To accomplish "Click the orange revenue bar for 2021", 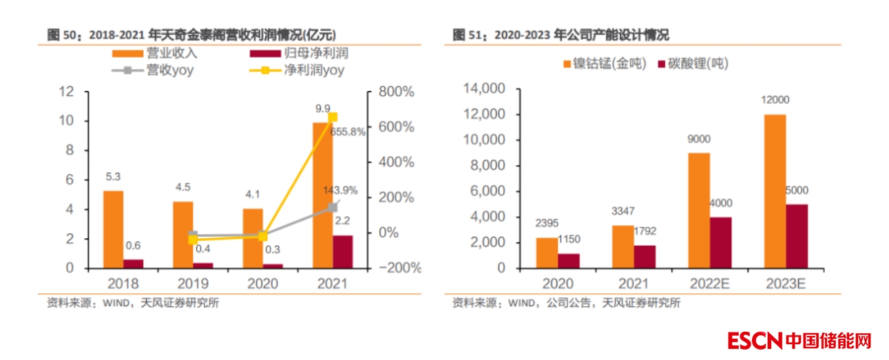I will pyautogui.click(x=322, y=195).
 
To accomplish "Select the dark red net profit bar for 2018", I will pyautogui.click(x=134, y=264).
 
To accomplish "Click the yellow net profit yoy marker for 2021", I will pyautogui.click(x=333, y=117).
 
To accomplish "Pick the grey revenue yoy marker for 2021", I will pyautogui.click(x=333, y=207).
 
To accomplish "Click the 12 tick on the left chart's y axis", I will pyautogui.click(x=66, y=92).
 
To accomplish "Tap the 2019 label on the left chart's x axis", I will pyautogui.click(x=193, y=284).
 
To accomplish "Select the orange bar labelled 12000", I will pyautogui.click(x=775, y=191).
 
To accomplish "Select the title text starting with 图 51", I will pyautogui.click(x=561, y=34).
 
